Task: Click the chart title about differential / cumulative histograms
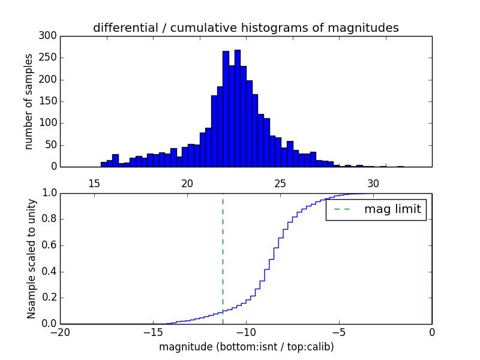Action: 246,28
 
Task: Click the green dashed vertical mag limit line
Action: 223,258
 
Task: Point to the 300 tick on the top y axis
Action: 49,36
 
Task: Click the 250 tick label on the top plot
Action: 49,58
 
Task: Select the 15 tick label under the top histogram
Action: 94,184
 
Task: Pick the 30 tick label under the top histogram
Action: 373,184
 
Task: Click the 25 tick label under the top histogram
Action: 280,184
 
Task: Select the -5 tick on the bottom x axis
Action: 339,331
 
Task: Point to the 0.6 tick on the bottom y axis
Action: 49,245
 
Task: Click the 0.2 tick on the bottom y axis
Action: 49,298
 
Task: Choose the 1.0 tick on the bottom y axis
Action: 49,193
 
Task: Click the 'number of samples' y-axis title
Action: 29,101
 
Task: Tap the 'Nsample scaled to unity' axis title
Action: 31,259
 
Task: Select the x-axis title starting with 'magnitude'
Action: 246,347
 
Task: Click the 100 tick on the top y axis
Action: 49,123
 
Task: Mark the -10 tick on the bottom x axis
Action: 246,331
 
